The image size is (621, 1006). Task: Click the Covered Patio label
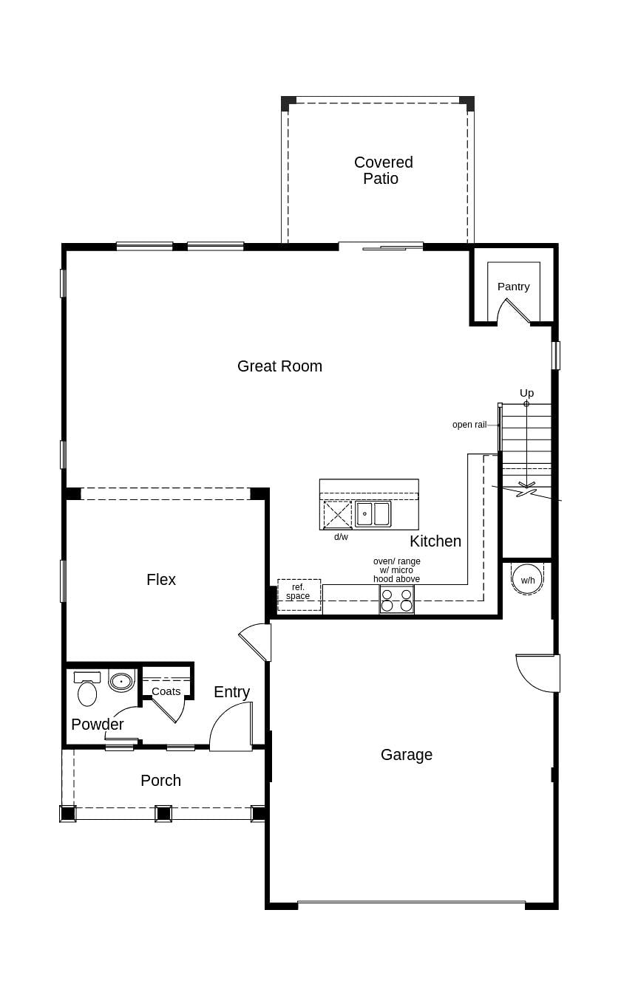click(x=383, y=171)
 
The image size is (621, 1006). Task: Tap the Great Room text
click(x=279, y=366)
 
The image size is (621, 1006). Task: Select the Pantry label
click(x=513, y=287)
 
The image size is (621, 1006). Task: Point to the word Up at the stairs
click(x=526, y=393)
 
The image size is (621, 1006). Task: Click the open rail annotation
click(x=469, y=425)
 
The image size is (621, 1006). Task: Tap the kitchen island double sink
click(x=373, y=513)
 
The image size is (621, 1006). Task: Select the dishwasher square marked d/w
click(x=338, y=515)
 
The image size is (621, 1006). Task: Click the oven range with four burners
click(x=397, y=600)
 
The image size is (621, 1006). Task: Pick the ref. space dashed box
click(x=299, y=595)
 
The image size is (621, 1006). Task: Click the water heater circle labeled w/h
click(x=527, y=579)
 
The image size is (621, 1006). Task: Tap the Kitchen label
click(x=435, y=541)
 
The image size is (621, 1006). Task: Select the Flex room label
click(x=161, y=580)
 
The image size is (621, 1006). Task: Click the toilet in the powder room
click(x=87, y=691)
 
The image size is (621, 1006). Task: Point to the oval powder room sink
click(x=121, y=681)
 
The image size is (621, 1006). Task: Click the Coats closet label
click(x=166, y=691)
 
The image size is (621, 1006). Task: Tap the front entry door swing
click(x=232, y=728)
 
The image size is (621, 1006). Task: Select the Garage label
click(x=407, y=755)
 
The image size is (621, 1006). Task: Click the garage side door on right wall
click(x=537, y=673)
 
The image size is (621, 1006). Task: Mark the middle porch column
click(x=163, y=813)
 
